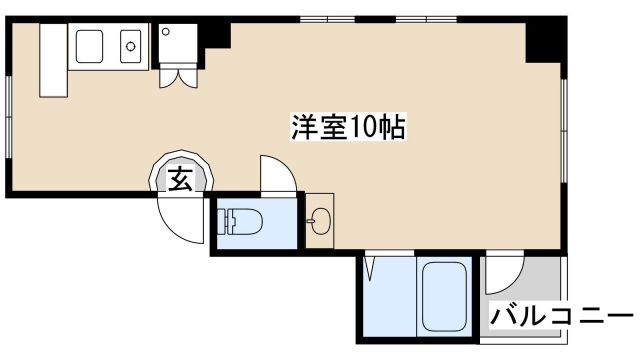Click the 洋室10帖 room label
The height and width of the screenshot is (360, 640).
(348, 127)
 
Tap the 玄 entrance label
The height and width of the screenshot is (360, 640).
(180, 180)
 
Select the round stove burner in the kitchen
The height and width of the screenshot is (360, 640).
(130, 44)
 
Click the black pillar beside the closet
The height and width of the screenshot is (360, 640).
(216, 36)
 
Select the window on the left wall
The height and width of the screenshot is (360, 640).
(9, 110)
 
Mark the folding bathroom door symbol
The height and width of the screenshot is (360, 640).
(371, 268)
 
